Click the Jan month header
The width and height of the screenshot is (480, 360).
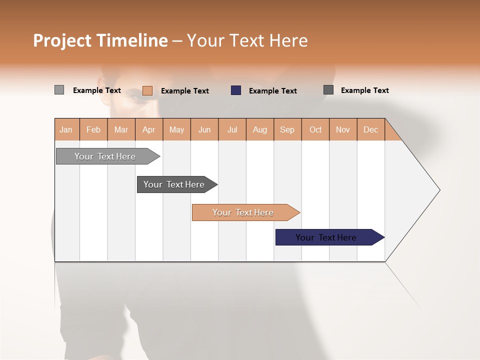(x=66, y=129)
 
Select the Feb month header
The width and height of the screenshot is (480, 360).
(x=93, y=129)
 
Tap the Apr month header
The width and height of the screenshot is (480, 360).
(x=149, y=129)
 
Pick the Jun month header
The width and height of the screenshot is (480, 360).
(x=204, y=129)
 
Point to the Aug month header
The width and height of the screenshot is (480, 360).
(x=260, y=129)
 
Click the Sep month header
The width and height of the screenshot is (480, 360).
(x=287, y=129)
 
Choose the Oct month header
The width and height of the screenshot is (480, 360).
(x=315, y=129)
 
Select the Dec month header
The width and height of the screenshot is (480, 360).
(x=371, y=129)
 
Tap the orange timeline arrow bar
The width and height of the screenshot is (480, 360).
(x=243, y=212)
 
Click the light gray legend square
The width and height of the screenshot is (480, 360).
(x=59, y=90)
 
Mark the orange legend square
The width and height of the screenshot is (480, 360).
(x=147, y=90)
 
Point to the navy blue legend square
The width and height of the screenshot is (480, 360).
(x=236, y=90)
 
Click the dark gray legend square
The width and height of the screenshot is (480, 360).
(x=328, y=90)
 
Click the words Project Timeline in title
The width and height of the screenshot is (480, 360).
(x=100, y=40)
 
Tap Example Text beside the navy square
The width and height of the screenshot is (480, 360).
(x=273, y=91)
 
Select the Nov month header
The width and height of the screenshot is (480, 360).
(x=343, y=129)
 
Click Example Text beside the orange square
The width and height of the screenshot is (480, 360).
(x=185, y=91)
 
